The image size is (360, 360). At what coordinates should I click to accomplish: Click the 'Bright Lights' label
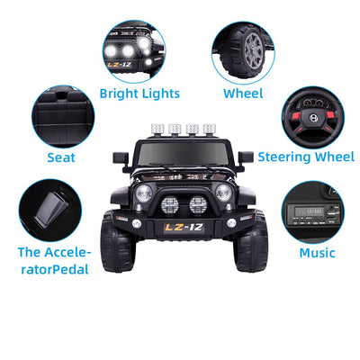coord(139,93)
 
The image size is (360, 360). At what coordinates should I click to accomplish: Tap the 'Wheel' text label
coord(243,93)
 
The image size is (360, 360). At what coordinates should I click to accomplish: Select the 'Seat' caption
coord(61,157)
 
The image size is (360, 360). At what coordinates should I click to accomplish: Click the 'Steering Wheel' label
coord(306,157)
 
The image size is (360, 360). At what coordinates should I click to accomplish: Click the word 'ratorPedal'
coord(55,269)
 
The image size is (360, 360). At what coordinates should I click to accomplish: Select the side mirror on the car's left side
coord(120,157)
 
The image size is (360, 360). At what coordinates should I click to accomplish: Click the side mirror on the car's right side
coord(244,157)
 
